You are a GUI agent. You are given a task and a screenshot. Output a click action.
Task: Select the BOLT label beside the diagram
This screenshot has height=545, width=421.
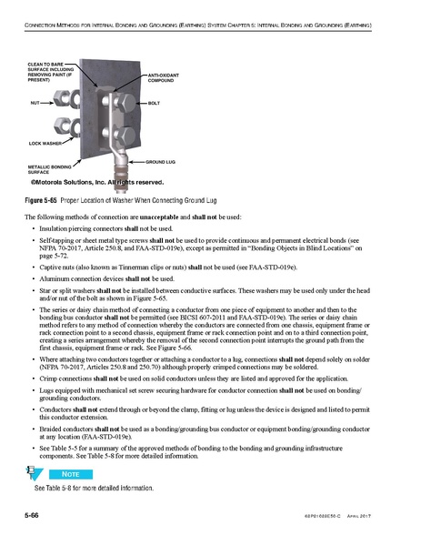154,106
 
